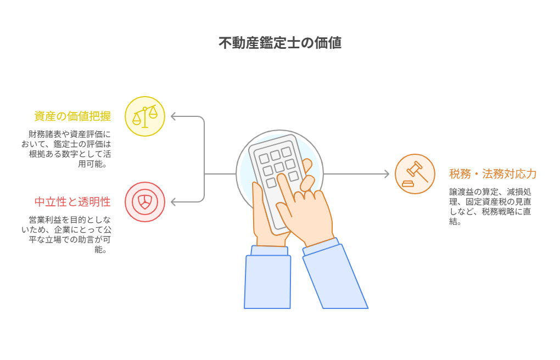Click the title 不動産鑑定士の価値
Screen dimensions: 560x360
[x=280, y=43]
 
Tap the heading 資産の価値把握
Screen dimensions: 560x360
[x=72, y=116]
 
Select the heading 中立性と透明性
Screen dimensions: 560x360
[x=72, y=202]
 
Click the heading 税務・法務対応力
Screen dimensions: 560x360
[x=493, y=174]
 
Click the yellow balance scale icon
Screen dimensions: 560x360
[x=144, y=116]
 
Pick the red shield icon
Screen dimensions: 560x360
[x=144, y=202]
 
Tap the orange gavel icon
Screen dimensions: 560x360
[x=415, y=174]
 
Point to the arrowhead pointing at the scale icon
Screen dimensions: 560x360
[x=173, y=116]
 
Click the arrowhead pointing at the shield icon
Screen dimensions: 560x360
[x=173, y=202]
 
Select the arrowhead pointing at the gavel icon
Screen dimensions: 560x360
[x=387, y=174]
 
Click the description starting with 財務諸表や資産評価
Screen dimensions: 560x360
[x=66, y=149]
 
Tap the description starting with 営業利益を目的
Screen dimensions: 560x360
[x=66, y=235]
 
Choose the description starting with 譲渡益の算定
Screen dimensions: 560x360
[x=490, y=206]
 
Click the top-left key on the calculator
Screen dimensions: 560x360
[x=264, y=159]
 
